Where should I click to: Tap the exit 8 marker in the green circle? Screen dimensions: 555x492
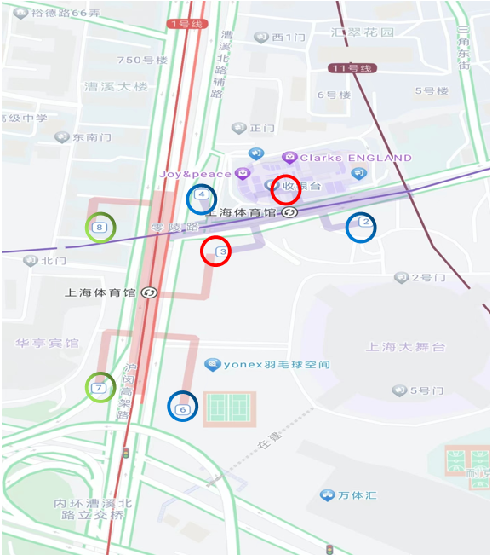tap(100, 228)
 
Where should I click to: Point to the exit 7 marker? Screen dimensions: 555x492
tap(100, 388)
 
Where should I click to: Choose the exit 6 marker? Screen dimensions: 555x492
tap(183, 408)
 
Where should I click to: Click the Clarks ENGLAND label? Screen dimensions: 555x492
tap(355, 158)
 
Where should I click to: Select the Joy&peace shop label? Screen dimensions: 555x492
tap(196, 174)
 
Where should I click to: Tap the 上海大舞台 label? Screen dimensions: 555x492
tap(406, 346)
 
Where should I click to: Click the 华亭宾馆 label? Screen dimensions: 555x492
tap(47, 343)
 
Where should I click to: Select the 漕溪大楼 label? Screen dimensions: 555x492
tap(117, 86)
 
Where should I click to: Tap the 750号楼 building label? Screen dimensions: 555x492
tap(142, 60)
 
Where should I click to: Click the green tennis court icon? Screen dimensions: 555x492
tap(231, 409)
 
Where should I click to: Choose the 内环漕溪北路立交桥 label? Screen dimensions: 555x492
tap(89, 509)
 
